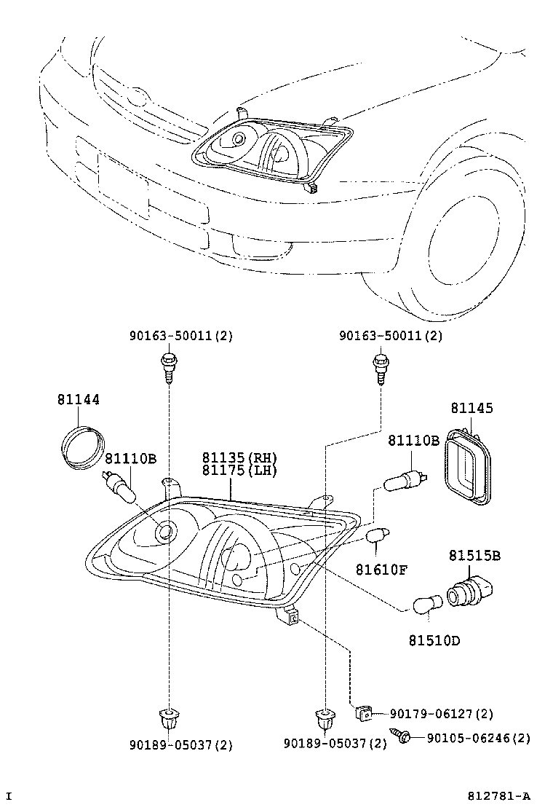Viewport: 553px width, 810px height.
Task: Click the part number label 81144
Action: tap(79, 400)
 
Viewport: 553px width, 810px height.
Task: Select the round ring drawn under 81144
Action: tap(81, 446)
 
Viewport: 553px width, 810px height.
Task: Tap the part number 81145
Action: tap(471, 409)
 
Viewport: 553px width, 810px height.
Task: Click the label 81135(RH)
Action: tap(240, 457)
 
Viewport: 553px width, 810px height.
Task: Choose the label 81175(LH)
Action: tap(240, 471)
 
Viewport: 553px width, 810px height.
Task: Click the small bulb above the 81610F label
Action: tap(376, 538)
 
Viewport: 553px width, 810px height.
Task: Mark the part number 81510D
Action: tap(434, 641)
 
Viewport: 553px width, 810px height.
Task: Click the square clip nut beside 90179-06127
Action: tap(363, 713)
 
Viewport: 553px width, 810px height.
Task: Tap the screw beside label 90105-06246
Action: tap(402, 736)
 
